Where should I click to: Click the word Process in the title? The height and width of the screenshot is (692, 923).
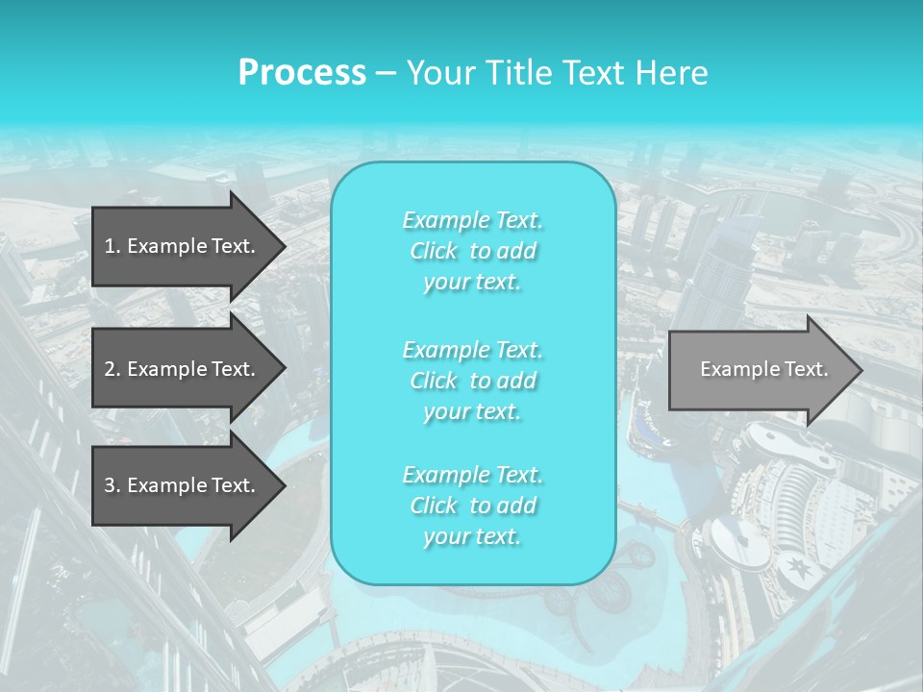[302, 73]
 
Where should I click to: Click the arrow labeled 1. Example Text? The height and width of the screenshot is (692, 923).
[183, 246]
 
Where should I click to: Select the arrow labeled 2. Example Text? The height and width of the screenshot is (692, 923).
[183, 369]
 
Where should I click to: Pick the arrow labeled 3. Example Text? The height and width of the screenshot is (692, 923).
[183, 485]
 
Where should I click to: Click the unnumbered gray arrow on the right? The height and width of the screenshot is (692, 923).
[760, 369]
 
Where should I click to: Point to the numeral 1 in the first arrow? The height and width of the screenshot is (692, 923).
[110, 246]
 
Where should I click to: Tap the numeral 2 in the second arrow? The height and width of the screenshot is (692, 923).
[110, 369]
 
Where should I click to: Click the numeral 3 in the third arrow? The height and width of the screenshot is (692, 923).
[110, 485]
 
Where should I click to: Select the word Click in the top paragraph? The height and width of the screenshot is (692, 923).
[434, 252]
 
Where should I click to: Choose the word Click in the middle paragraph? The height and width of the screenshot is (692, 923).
[434, 382]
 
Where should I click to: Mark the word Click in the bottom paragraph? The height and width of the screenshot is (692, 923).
[434, 507]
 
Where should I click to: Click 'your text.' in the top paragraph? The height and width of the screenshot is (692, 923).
[472, 283]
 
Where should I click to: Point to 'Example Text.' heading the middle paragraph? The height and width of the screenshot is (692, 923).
[472, 350]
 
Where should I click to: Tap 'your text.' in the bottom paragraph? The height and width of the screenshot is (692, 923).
[472, 537]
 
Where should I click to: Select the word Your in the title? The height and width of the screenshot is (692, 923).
[437, 73]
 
